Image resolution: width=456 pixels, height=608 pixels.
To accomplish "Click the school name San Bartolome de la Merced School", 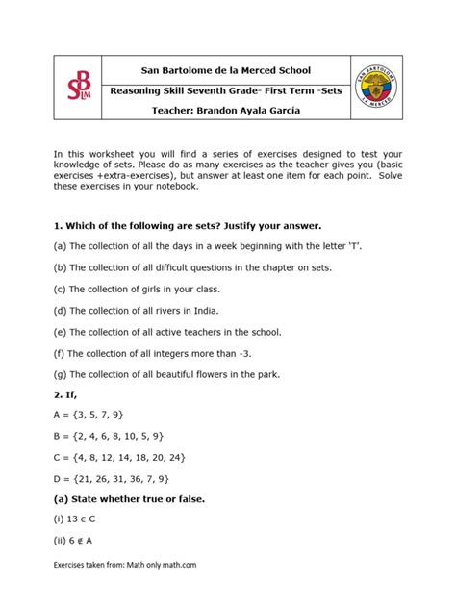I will pyautogui.click(x=226, y=70).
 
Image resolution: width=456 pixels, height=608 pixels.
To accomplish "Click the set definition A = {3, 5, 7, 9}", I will pyautogui.click(x=89, y=415).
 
